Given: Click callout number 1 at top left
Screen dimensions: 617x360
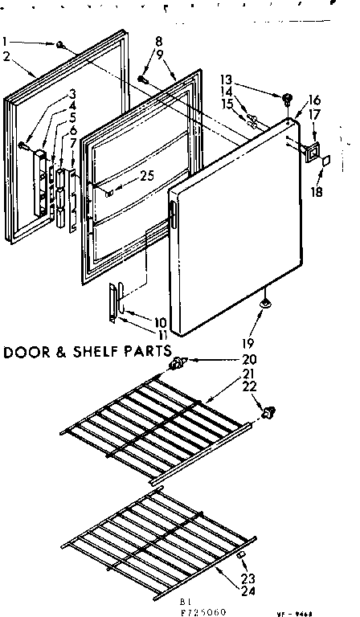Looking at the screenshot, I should pyautogui.click(x=6, y=42).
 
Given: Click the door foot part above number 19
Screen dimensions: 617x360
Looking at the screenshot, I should pyautogui.click(x=264, y=303).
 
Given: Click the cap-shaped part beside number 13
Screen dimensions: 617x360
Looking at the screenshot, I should pyautogui.click(x=285, y=99).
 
